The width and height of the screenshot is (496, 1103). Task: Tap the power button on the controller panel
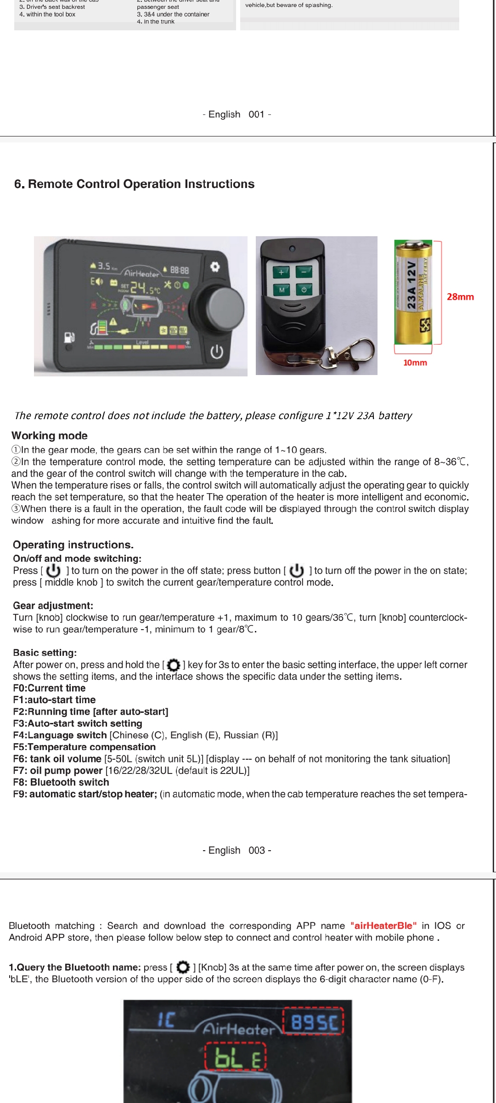click(217, 352)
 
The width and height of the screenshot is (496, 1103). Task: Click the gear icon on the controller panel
click(214, 267)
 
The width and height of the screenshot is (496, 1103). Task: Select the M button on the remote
click(282, 290)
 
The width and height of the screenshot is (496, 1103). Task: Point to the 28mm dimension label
click(460, 297)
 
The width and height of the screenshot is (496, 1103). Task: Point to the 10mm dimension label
click(415, 363)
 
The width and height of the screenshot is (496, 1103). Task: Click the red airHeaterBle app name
click(383, 926)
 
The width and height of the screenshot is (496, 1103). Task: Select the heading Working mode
click(50, 436)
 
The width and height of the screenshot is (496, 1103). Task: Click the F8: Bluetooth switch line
click(61, 782)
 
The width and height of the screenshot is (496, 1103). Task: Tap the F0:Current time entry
click(49, 688)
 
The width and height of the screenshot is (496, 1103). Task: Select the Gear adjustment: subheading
click(53, 606)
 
